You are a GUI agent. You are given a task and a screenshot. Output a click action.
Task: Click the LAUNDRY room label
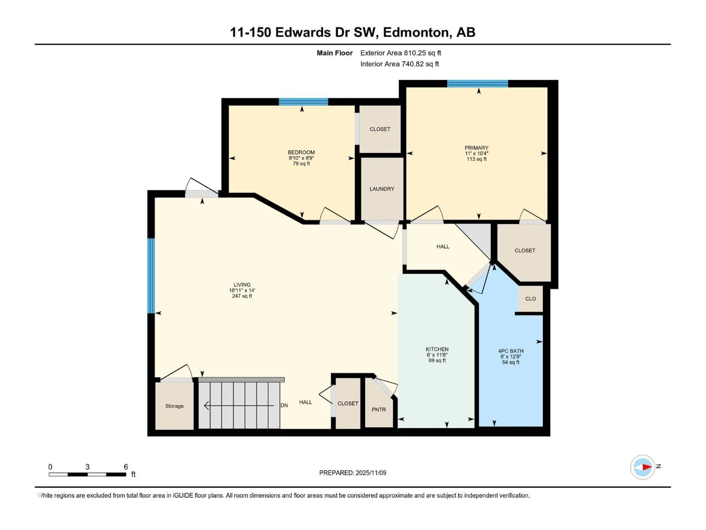click(382, 189)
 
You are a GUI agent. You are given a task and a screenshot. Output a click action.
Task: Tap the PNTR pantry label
click(379, 410)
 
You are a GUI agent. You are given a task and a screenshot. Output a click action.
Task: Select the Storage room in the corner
click(174, 406)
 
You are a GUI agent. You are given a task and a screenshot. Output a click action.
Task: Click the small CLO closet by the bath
click(530, 299)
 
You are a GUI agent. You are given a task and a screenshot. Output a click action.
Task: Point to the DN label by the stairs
click(284, 405)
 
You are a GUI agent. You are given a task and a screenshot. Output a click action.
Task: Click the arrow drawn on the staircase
click(239, 405)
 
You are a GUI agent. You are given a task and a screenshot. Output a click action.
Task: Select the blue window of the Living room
click(151, 275)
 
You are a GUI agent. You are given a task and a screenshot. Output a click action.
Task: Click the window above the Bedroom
click(303, 102)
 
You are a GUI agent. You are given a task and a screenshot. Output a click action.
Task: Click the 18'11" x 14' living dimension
click(242, 290)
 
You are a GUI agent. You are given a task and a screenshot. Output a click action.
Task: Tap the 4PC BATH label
click(511, 351)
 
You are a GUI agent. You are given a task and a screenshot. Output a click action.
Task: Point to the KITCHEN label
click(437, 349)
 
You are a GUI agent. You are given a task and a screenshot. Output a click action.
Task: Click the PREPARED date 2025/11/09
click(370, 473)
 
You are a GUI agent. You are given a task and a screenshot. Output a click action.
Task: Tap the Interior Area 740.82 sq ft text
click(399, 64)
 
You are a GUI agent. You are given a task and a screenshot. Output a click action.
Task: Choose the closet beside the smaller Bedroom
click(380, 129)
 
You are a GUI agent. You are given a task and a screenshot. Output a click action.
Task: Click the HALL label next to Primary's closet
click(443, 246)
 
